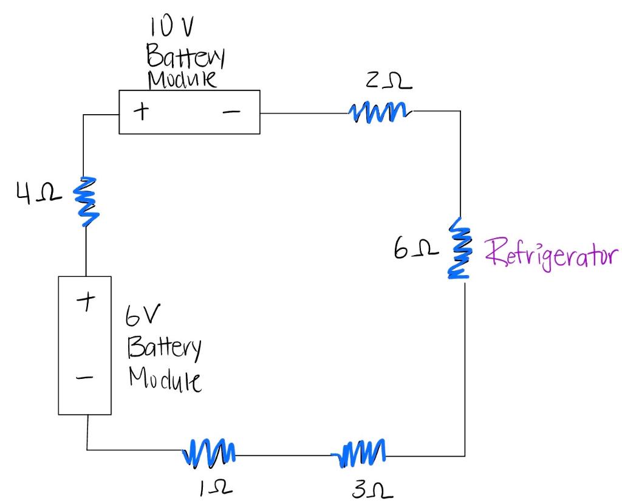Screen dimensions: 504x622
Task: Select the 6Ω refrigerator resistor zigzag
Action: coord(460,250)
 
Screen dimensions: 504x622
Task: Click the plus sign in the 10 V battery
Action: coord(141,111)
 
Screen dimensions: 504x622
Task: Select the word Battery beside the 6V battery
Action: coord(164,348)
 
